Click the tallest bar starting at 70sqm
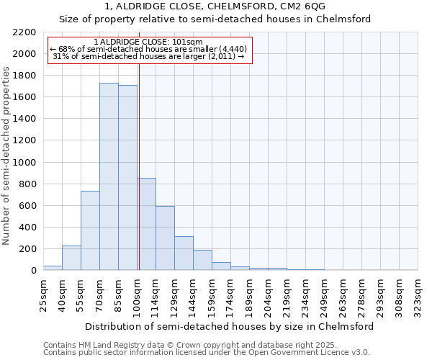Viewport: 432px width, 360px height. coord(109,176)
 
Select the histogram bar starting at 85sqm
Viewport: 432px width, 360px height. coord(127,178)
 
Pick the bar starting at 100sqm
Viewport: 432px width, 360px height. coord(147,224)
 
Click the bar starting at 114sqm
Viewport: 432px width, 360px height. coord(165,238)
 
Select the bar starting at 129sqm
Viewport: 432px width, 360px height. coord(184,253)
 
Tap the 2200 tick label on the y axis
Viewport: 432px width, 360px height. coord(24,32)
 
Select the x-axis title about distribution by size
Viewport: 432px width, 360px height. coord(230,326)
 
